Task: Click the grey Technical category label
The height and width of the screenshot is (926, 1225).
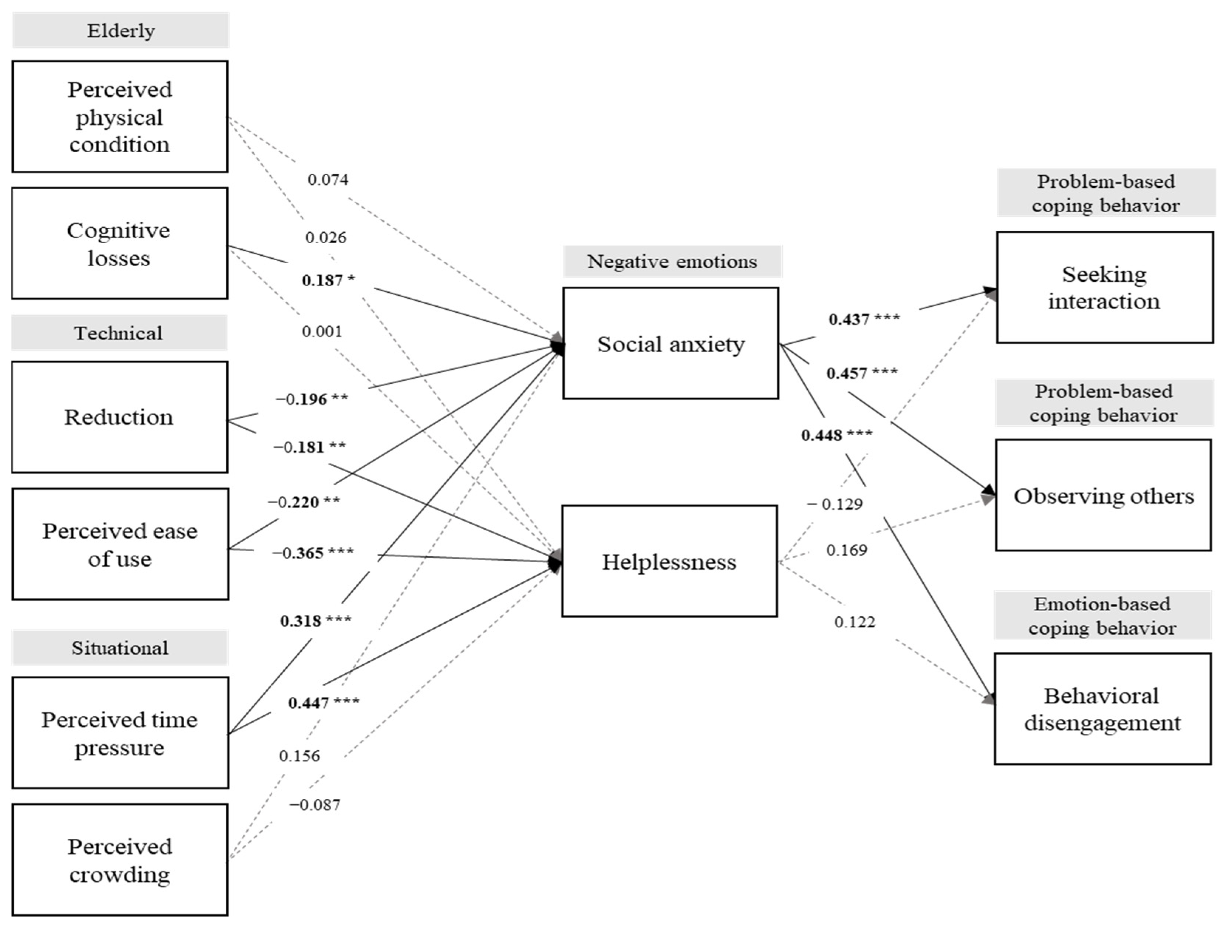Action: click(x=119, y=333)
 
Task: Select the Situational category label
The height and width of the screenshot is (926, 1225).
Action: click(x=120, y=647)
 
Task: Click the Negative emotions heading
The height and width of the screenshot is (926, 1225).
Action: click(x=672, y=261)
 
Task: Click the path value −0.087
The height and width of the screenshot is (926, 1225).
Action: click(x=315, y=805)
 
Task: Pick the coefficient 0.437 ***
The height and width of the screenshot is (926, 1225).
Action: click(x=864, y=319)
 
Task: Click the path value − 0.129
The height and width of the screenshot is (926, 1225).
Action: click(x=835, y=504)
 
